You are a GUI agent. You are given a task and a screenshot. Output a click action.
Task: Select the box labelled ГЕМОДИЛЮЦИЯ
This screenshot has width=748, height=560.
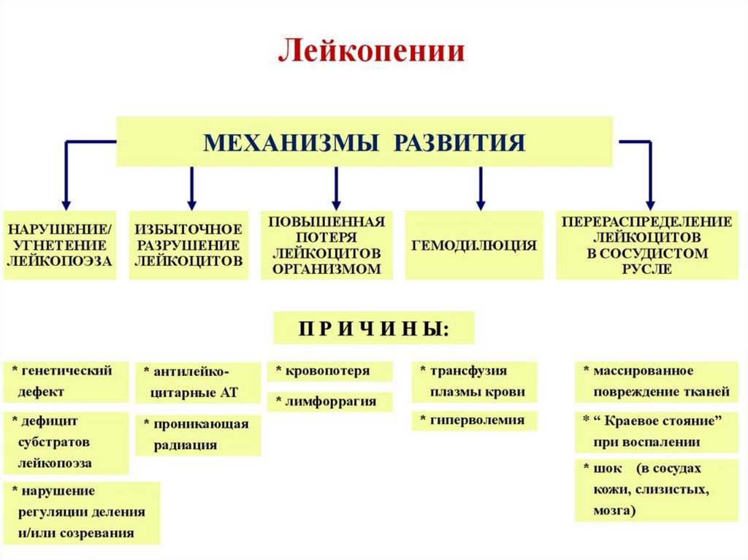pyautogui.click(x=474, y=246)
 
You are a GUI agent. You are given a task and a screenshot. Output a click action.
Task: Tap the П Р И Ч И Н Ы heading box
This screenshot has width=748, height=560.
pyautogui.click(x=373, y=329)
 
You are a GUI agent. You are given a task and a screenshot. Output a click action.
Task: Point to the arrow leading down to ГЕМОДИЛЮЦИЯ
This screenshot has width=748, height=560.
pyautogui.click(x=480, y=188)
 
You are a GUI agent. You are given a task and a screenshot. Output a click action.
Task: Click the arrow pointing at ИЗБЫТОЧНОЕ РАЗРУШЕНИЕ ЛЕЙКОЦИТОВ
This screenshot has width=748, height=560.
pyautogui.click(x=191, y=188)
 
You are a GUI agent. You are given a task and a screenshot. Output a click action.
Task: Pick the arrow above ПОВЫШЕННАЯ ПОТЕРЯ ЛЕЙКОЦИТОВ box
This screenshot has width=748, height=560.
pyautogui.click(x=336, y=188)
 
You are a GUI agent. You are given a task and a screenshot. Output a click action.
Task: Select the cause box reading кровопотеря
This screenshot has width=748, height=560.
pyautogui.click(x=329, y=371)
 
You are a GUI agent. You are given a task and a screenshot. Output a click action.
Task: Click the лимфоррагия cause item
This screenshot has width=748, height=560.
pyautogui.click(x=329, y=402)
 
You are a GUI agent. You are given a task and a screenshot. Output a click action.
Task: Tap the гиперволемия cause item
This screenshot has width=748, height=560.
pyautogui.click(x=474, y=420)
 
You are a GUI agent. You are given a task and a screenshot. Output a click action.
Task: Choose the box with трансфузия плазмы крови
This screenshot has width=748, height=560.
pyautogui.click(x=474, y=381)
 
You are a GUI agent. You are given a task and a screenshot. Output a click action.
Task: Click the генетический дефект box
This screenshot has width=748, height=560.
pyautogui.click(x=66, y=381)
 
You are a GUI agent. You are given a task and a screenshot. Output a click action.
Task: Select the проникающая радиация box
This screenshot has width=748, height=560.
pyautogui.click(x=197, y=434)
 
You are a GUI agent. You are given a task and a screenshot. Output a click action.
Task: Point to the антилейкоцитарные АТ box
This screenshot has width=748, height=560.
pyautogui.click(x=197, y=382)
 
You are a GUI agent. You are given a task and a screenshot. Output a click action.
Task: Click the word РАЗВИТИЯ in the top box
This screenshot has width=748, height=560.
pyautogui.click(x=459, y=142)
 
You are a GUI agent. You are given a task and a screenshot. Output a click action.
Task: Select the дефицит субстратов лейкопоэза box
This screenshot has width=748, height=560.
pyautogui.click(x=66, y=442)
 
